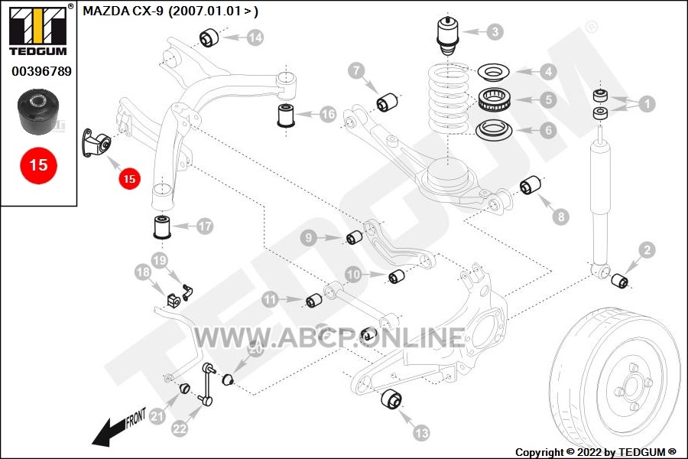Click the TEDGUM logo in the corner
coord(39,30)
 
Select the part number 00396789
coord(41,71)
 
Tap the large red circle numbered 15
coord(38,165)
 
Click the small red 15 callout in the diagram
coord(129,179)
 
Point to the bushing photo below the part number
coord(38,112)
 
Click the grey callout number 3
coord(495,31)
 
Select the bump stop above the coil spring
coord(447,36)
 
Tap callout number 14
coord(255,37)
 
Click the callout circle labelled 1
coord(646,104)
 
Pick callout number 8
coord(561,216)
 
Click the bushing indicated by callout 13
coord(391,399)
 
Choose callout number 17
coord(204,226)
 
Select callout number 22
coord(180,428)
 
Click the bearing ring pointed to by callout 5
coord(494,100)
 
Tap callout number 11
coord(271,300)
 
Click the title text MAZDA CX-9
coord(124,11)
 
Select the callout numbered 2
coord(647,250)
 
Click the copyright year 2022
coord(589,452)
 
